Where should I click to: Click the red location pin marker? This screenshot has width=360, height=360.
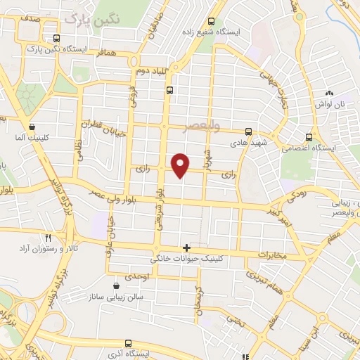[x=181, y=165]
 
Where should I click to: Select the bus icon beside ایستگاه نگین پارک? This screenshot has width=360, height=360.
[x=56, y=39]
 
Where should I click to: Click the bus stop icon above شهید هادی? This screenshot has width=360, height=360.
[x=248, y=131]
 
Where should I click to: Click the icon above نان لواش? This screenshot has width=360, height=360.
[x=328, y=94]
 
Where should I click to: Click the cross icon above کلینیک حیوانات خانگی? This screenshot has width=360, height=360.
[x=186, y=247]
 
